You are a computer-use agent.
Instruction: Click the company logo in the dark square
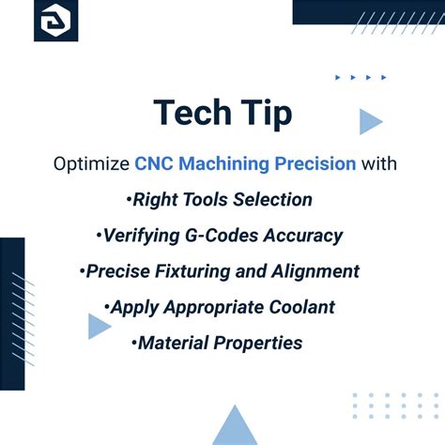tap(55, 20)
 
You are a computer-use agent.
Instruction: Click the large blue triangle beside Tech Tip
tap(370, 121)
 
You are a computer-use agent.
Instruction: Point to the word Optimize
tap(91, 164)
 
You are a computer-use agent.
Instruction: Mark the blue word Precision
tap(315, 164)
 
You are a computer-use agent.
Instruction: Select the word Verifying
tap(138, 236)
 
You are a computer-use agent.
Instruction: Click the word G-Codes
tap(218, 236)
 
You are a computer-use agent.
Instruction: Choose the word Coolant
tap(302, 307)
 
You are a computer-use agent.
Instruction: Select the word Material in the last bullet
tap(171, 343)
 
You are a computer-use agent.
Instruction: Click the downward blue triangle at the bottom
tap(234, 428)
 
